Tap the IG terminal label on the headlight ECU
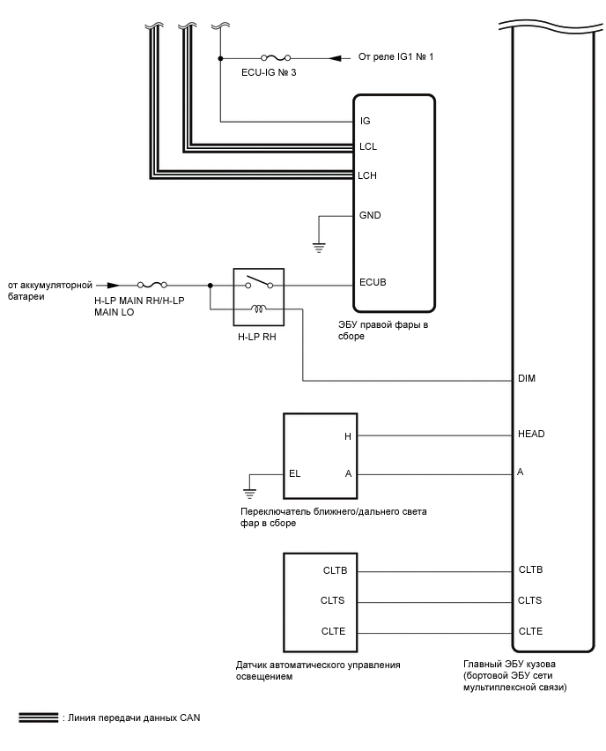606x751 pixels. point(366,121)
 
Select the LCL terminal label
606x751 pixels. point(368,146)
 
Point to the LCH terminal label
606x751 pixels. point(368,175)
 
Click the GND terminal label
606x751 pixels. point(370,215)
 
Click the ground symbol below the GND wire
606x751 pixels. point(319,248)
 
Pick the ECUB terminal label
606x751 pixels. point(373,284)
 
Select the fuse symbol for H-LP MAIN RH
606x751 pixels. point(153,286)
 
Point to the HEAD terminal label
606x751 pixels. point(532,434)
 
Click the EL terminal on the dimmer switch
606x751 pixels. point(294,473)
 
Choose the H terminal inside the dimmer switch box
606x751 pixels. point(348,436)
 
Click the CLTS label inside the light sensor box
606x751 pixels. point(334,601)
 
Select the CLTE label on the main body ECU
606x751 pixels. point(531,631)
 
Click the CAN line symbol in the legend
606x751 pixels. point(39,718)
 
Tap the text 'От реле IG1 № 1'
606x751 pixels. point(395,57)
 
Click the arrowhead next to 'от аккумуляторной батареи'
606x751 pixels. point(112,286)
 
